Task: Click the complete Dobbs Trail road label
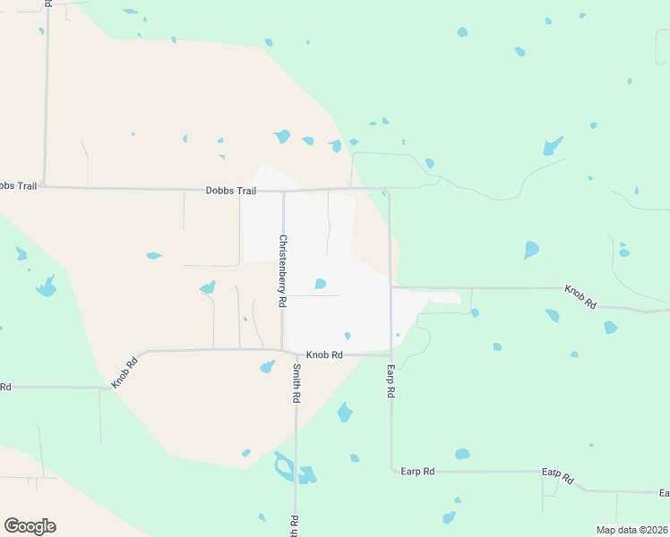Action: tap(231, 191)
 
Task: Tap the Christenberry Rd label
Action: tap(282, 271)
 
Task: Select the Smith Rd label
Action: tap(296, 383)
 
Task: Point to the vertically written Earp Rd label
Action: tap(391, 381)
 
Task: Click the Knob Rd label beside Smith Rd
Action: tap(324, 354)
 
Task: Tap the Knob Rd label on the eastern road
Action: tap(580, 297)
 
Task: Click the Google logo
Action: tap(30, 526)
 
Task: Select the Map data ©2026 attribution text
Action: tap(631, 530)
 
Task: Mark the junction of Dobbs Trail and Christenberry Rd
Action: tap(283, 191)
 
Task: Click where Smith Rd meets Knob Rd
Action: tap(295, 352)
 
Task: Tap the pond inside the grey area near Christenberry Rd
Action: tap(320, 285)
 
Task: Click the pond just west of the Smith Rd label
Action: tap(267, 366)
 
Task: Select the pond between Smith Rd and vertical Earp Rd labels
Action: tap(344, 413)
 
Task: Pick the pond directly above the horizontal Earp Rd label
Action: tap(462, 455)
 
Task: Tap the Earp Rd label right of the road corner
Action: tap(417, 471)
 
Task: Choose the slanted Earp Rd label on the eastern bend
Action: tap(557, 475)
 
